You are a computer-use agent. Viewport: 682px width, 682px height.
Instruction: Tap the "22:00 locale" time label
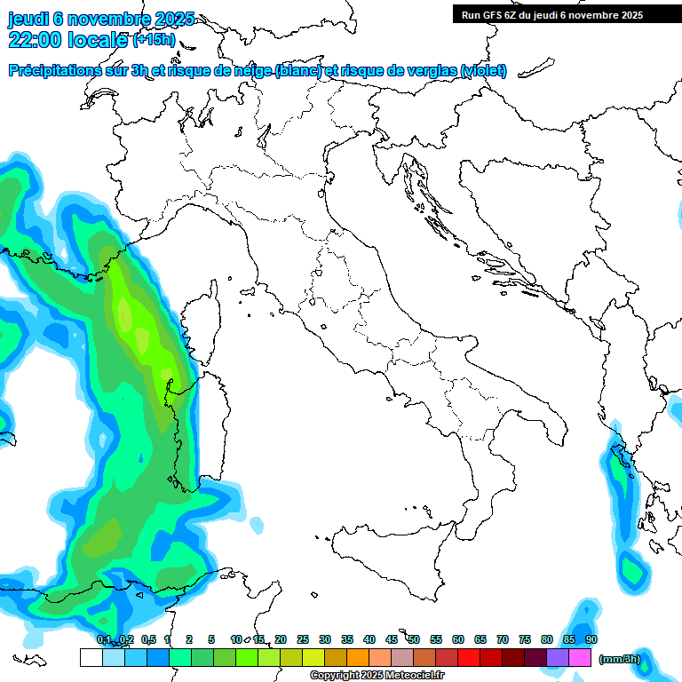67,39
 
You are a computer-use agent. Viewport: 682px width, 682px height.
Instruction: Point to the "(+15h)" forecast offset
154,40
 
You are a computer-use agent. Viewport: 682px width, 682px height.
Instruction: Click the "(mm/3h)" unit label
620,659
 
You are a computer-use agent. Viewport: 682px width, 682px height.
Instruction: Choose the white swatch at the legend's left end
91,657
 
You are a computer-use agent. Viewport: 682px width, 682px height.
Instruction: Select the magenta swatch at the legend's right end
580,657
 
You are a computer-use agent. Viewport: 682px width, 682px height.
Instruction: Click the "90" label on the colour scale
591,639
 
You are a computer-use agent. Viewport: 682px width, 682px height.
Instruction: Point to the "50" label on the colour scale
414,639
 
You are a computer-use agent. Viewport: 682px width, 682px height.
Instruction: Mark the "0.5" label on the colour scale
147,639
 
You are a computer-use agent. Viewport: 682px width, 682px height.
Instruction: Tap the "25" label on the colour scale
303,639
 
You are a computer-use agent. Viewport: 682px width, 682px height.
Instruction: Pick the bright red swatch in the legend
469,657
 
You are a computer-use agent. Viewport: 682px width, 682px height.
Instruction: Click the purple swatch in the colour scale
558,657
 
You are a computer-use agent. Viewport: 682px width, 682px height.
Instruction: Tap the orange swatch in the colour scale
358,657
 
